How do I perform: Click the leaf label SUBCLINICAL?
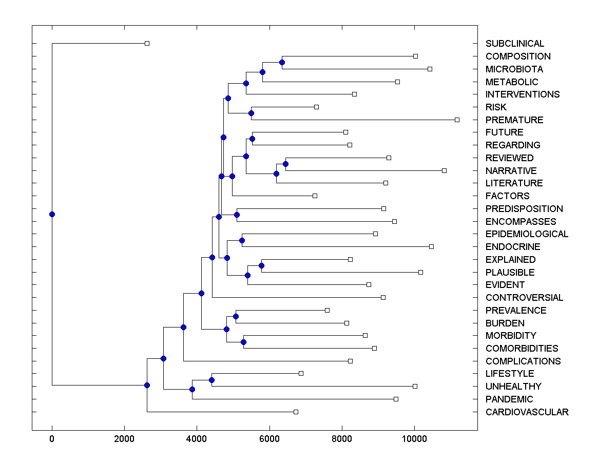coord(515,44)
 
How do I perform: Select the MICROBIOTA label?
coord(514,69)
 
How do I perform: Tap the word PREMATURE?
coord(514,120)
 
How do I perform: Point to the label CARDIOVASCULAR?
coord(527,412)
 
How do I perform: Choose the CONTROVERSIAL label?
coord(524,298)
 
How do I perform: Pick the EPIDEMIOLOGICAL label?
coord(527,234)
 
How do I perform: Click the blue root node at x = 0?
coord(52,215)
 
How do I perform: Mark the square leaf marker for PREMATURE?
coord(457,120)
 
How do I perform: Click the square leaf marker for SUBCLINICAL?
coord(147,44)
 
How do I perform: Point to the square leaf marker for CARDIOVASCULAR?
coord(296,412)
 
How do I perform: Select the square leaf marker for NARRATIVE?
coord(444,170)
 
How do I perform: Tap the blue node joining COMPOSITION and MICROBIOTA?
coord(282,63)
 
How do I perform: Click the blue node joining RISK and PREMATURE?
coord(251,113)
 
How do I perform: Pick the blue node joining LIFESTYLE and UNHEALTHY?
coord(211,380)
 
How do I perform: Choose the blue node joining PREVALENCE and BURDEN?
coord(236,316)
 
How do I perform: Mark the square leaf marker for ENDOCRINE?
coord(431,247)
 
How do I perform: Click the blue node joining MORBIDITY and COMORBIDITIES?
coord(243,342)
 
